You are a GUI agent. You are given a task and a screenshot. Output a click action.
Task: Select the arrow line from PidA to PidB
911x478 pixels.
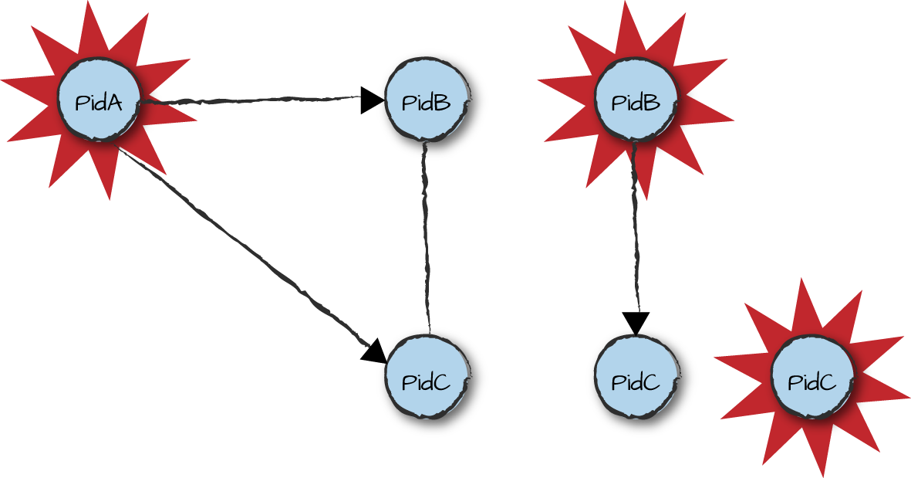(x=247, y=100)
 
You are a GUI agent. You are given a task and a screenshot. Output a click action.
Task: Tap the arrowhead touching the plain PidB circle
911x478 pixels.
(x=372, y=100)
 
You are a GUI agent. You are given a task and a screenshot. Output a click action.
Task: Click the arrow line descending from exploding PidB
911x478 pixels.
(x=636, y=232)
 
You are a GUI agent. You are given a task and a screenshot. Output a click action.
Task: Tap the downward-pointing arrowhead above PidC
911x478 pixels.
(x=636, y=322)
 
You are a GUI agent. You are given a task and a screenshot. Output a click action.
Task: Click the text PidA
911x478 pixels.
(x=99, y=103)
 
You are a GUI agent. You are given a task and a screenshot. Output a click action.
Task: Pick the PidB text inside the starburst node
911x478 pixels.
(x=636, y=102)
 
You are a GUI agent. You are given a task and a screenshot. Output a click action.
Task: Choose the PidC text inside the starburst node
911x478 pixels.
(x=811, y=381)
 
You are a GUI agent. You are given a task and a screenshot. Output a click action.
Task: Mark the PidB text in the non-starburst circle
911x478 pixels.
(x=427, y=102)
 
